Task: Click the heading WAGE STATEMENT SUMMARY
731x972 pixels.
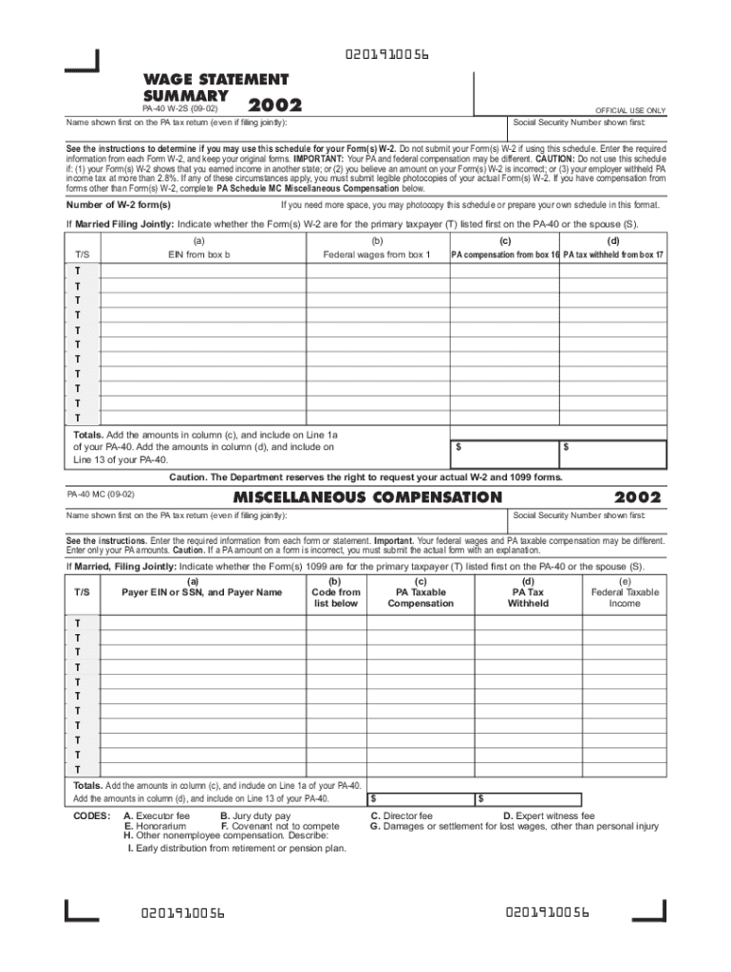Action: click(216, 87)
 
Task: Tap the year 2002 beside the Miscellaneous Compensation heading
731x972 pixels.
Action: click(639, 497)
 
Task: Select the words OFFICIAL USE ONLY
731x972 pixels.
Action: click(630, 111)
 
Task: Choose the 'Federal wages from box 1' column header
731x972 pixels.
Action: click(377, 255)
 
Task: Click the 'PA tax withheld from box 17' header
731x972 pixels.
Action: click(613, 255)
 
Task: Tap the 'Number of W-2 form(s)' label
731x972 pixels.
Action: click(119, 205)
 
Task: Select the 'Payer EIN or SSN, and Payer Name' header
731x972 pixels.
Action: click(202, 592)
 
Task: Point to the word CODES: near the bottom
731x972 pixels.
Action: click(92, 815)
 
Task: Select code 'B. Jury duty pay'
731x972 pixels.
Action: click(255, 815)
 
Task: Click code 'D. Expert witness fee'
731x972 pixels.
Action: click(549, 815)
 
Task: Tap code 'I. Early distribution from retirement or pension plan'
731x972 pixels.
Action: click(236, 849)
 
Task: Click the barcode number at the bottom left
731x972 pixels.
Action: click(182, 913)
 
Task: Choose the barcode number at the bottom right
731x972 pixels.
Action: click(548, 912)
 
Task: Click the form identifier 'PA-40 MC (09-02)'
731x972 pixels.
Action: click(101, 495)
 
